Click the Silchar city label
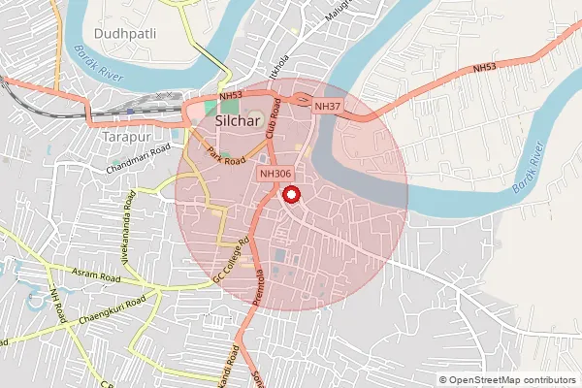tap(239, 122)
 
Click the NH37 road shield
tap(327, 106)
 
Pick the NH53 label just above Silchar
tap(230, 96)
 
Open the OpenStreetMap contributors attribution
tap(510, 380)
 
